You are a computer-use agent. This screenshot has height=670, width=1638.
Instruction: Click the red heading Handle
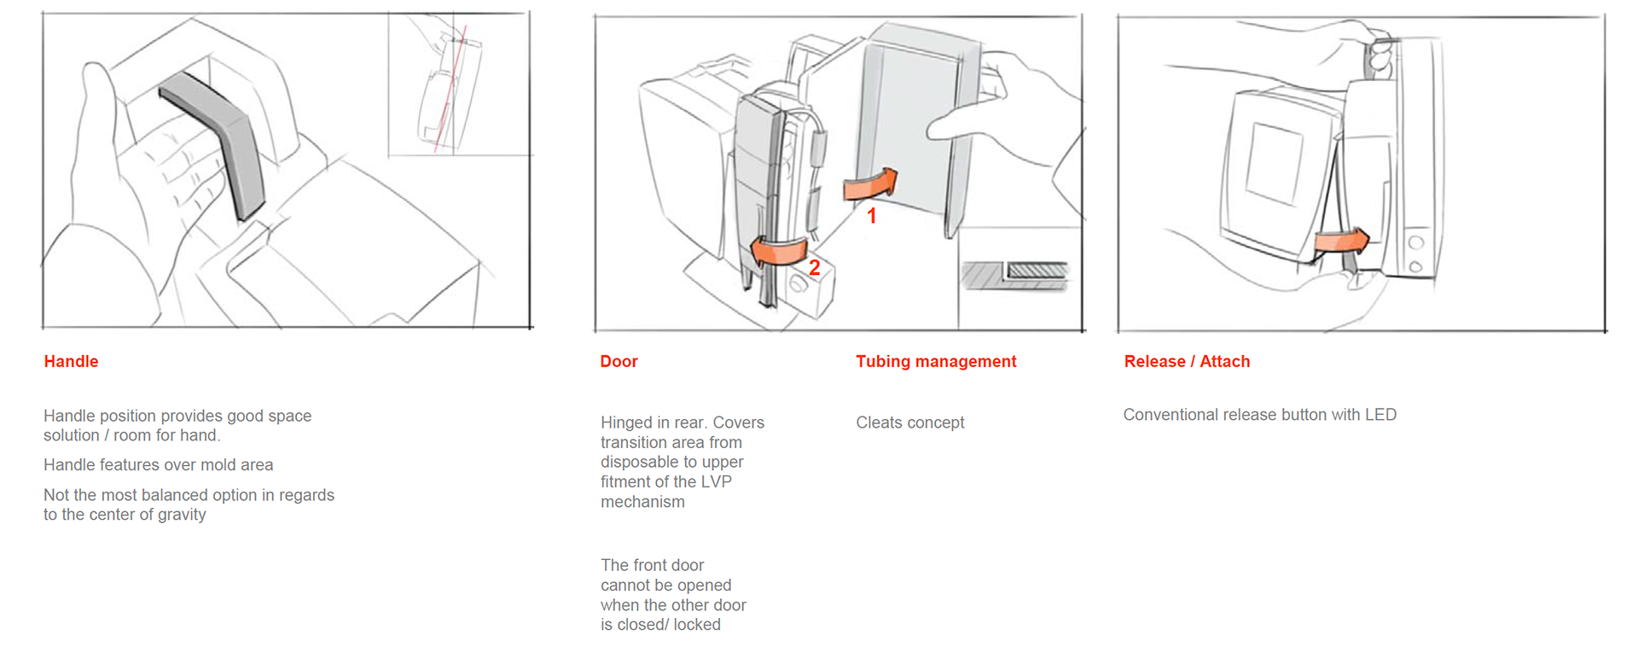pos(71,361)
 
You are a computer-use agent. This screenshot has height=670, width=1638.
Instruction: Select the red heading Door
pos(619,361)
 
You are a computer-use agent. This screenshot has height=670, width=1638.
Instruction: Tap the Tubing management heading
pos(936,361)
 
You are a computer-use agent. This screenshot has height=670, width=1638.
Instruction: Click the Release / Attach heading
pos(1187,361)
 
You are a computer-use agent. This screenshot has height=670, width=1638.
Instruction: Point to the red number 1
pos(872,216)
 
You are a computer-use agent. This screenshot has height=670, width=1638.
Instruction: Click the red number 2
pos(815,268)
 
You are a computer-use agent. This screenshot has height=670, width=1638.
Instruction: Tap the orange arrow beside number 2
pos(778,251)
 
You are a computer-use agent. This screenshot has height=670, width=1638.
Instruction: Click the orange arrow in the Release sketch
pos(1342,241)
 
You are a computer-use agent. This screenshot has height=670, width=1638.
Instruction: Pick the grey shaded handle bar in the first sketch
pos(224,137)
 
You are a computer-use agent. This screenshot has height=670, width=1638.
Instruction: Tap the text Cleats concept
pos(909,422)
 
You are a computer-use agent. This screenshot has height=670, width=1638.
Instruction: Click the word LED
pos(1380,415)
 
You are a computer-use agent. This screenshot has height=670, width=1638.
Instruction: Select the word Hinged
pos(625,422)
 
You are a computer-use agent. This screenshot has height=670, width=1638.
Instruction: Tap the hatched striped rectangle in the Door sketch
pos(1037,271)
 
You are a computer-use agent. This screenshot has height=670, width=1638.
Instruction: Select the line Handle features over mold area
pos(158,465)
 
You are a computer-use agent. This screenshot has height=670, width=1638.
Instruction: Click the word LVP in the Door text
pos(715,481)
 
